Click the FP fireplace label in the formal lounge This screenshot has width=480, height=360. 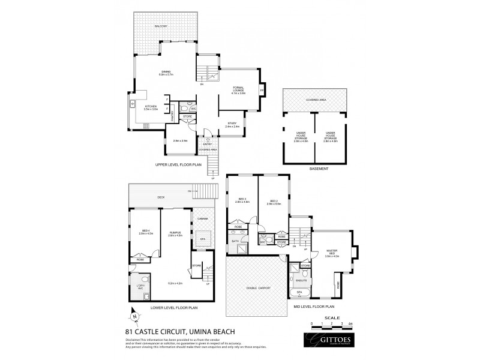coord(262,91)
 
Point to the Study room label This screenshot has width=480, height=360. coord(232,124)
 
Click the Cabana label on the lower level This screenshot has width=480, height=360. coord(203,219)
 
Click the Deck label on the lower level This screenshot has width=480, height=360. coord(161,196)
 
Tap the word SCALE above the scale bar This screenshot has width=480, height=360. coord(332,318)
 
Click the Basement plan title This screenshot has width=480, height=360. coord(319,169)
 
